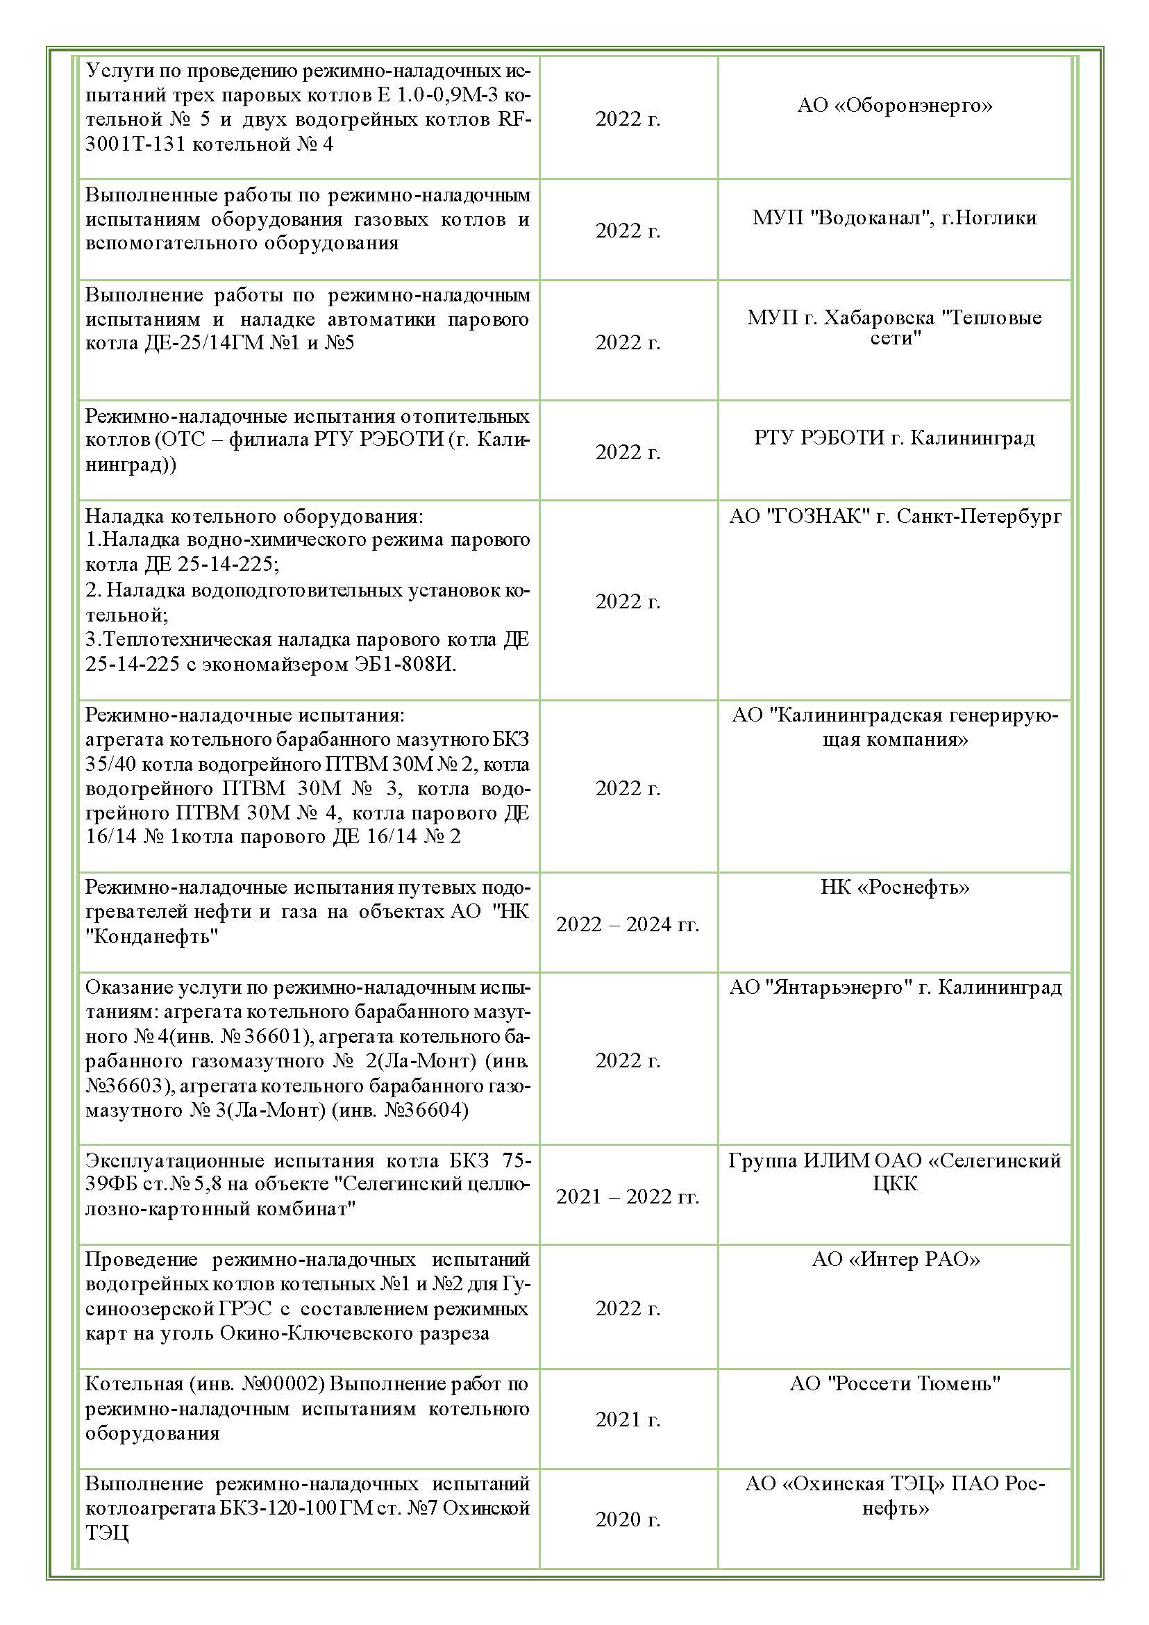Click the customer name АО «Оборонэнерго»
[894, 106]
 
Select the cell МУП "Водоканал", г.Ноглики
[894, 217]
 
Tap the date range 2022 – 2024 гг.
[628, 924]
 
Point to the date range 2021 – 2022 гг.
[628, 1196]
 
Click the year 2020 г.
[628, 1519]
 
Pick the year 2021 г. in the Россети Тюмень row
[628, 1419]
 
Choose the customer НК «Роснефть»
[894, 887]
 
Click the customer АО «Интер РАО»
[896, 1259]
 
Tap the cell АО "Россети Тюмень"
[895, 1382]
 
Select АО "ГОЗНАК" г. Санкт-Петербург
[895, 516]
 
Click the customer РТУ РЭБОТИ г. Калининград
[894, 437]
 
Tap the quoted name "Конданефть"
[151, 936]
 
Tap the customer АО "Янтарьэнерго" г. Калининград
[895, 987]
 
